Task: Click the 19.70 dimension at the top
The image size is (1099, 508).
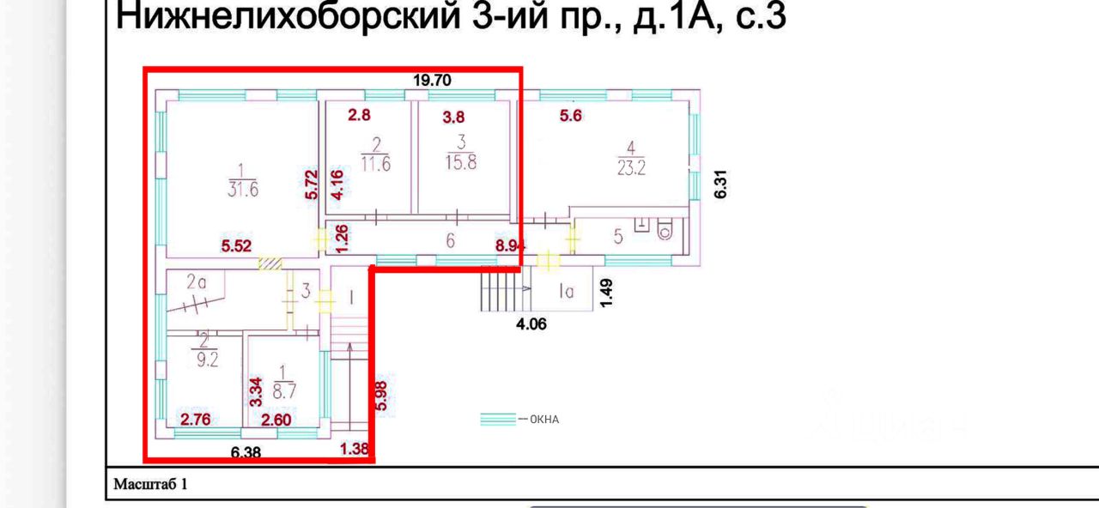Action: (432, 81)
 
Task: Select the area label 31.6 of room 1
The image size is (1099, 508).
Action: (242, 190)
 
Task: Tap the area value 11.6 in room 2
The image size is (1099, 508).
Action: (375, 164)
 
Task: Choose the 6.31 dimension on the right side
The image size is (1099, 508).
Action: (721, 184)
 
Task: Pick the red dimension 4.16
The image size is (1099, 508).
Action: (338, 184)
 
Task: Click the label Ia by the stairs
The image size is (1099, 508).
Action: (566, 291)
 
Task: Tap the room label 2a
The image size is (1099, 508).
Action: (198, 281)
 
